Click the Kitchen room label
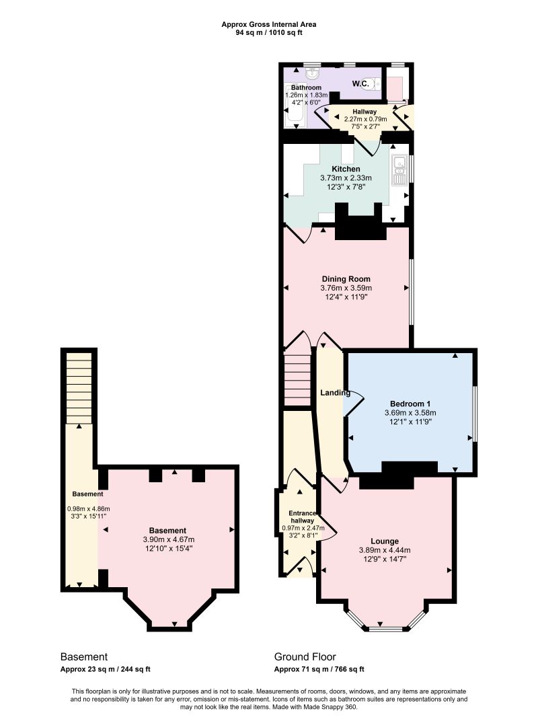(346, 169)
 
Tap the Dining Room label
(346, 278)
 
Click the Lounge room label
(385, 541)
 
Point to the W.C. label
(360, 83)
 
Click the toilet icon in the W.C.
(375, 84)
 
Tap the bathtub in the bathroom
(293, 106)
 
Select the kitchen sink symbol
(399, 170)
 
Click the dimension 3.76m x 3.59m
(346, 288)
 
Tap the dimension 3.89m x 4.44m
(385, 550)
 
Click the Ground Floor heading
(305, 656)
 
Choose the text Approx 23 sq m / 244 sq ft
(106, 669)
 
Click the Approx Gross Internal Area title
(268, 24)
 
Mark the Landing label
(335, 393)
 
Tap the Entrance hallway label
(302, 517)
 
